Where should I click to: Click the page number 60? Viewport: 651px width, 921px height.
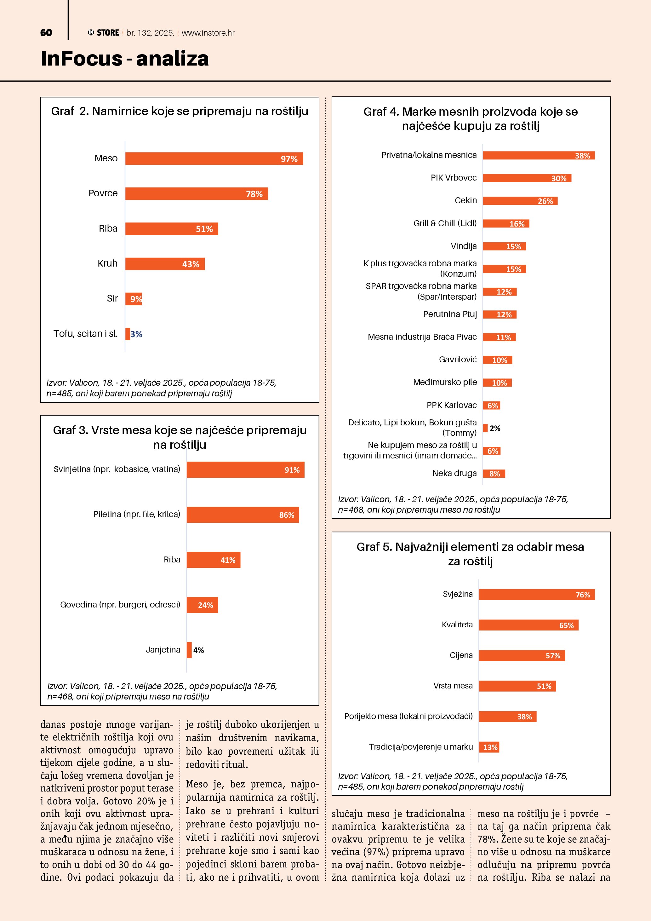click(46, 33)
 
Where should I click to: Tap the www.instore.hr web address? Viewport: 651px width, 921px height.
click(208, 33)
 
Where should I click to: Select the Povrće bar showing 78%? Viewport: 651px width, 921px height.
click(197, 194)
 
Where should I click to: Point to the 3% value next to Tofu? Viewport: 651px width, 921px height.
click(136, 334)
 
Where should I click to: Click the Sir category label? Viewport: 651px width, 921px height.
click(112, 298)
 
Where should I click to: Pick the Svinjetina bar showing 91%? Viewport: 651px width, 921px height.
click(245, 470)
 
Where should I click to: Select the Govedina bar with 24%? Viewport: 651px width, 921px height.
click(202, 605)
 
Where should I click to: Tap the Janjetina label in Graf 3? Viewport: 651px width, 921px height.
click(163, 650)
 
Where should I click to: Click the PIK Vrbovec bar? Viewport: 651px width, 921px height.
click(527, 178)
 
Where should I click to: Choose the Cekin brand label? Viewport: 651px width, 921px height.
click(465, 201)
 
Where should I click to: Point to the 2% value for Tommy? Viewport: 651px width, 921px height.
click(495, 429)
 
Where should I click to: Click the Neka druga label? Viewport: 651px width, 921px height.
click(454, 473)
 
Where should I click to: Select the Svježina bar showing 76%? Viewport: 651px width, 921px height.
click(536, 595)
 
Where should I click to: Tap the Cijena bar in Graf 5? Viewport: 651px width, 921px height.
click(522, 655)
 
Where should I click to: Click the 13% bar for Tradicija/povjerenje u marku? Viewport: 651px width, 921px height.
click(489, 747)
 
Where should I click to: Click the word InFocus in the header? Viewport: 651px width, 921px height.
click(81, 59)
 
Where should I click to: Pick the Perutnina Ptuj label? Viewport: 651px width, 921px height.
click(450, 314)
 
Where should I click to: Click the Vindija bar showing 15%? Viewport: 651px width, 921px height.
click(504, 246)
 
